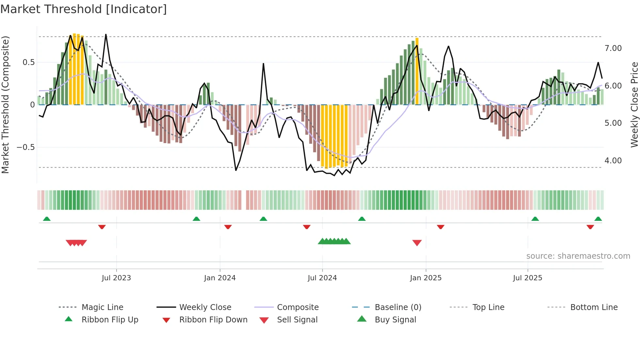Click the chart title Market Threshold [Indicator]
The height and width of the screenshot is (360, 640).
pos(84,9)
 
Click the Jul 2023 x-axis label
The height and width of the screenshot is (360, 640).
pos(116,278)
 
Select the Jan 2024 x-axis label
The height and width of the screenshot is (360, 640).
pos(220,278)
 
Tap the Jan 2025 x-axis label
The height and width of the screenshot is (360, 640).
pos(426,278)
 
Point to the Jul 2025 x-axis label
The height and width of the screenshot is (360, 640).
pos(528,278)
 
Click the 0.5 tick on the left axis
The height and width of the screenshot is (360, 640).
pos(28,62)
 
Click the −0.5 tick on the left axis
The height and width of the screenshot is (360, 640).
pos(26,147)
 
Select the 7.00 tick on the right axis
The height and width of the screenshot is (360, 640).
pos(613,48)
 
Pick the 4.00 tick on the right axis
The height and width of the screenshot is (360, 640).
pos(613,161)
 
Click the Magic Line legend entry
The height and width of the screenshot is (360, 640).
pos(102,307)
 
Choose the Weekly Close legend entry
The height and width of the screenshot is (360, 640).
pos(205,307)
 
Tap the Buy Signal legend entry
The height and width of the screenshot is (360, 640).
pos(395,320)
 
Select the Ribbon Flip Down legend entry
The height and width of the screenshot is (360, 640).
pos(213,320)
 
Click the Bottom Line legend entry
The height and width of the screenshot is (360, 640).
pos(594,307)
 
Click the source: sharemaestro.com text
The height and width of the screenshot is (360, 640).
pos(578,256)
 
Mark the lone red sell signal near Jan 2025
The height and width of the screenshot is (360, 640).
pos(417,243)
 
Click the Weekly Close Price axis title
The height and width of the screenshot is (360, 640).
pos(634,105)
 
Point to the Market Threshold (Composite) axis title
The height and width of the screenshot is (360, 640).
pos(5,105)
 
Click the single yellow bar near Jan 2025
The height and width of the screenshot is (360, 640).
pos(417,71)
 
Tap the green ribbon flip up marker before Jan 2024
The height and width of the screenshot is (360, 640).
pos(196,219)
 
